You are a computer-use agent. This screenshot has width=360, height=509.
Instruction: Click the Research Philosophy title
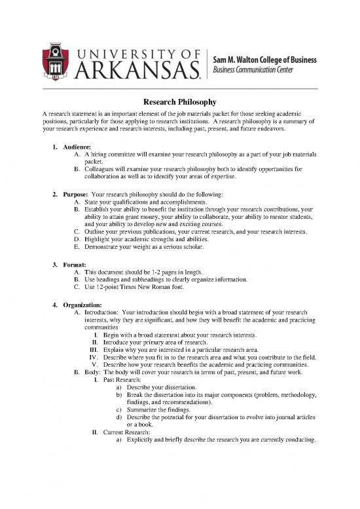pos(180,102)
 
